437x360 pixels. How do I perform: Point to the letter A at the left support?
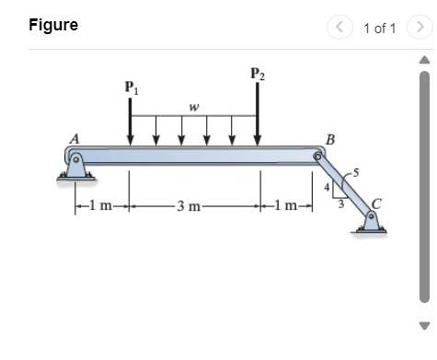74,138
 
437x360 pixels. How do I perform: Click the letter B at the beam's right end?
317,140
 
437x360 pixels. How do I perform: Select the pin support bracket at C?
372,221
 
